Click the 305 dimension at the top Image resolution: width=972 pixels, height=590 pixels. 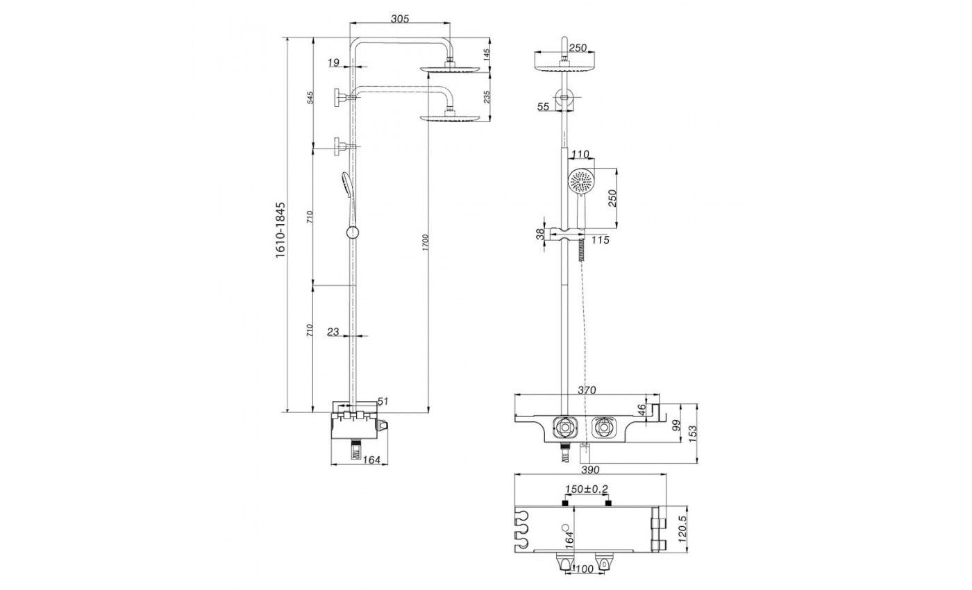click(400, 19)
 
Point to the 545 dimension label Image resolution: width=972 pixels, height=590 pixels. click(310, 98)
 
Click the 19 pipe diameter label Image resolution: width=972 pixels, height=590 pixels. click(333, 63)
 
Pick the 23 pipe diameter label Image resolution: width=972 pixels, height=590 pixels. click(333, 332)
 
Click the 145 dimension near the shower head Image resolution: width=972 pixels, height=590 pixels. click(487, 54)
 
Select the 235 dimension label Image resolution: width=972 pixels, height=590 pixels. click(487, 96)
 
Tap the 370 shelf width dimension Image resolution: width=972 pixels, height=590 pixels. click(587, 390)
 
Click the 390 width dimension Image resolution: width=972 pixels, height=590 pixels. click(589, 470)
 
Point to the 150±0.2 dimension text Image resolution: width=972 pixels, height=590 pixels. click(586, 489)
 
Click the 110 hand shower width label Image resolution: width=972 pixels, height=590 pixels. click(580, 154)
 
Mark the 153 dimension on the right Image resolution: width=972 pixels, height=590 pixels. click(693, 433)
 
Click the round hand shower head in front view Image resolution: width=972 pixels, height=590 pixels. click(580, 182)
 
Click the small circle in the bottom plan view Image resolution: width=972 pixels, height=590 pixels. click(565, 528)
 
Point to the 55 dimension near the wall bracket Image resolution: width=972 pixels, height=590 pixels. click(543, 106)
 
